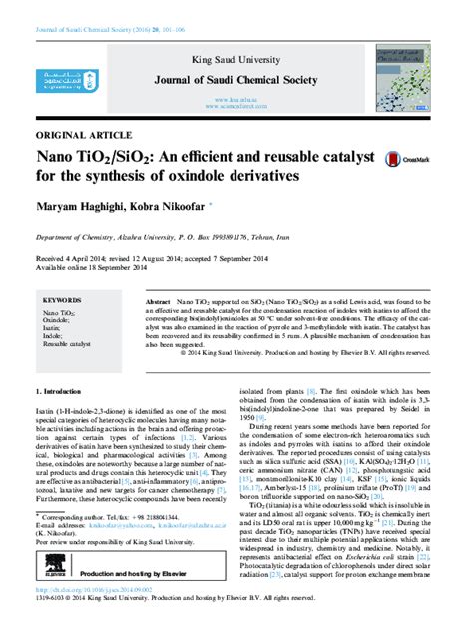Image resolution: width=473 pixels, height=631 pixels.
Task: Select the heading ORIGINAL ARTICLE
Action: pyautogui.click(x=75, y=134)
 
